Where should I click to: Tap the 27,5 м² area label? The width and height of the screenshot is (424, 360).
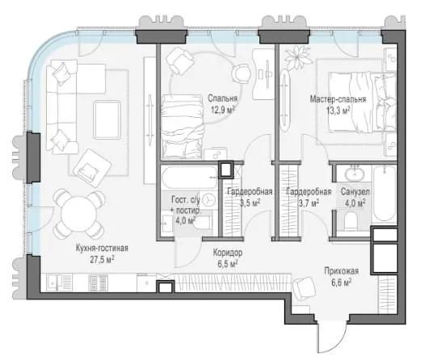[102, 259]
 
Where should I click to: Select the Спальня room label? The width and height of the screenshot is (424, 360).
[223, 98]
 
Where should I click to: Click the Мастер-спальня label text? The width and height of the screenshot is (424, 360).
[338, 99]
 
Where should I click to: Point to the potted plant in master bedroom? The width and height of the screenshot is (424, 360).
[297, 57]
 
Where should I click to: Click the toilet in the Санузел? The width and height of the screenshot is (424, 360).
[351, 220]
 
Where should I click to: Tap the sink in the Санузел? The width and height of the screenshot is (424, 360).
[355, 174]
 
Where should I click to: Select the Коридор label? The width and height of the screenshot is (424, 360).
[228, 253]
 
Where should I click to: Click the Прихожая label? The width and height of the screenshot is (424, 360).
[342, 271]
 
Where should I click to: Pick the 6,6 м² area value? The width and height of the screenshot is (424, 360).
[342, 283]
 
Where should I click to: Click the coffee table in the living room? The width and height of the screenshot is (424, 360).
[107, 119]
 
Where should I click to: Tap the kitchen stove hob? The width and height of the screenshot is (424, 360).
[99, 283]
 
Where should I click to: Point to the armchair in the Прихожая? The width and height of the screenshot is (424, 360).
[304, 288]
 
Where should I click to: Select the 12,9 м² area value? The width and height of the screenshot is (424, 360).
[223, 110]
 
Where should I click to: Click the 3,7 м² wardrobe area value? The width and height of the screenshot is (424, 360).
[309, 203]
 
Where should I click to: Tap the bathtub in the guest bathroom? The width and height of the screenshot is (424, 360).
[189, 178]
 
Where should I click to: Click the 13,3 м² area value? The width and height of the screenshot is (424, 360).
[338, 111]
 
